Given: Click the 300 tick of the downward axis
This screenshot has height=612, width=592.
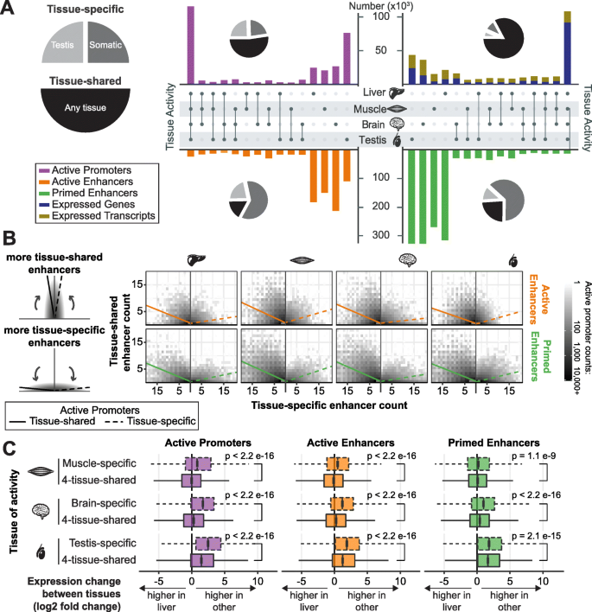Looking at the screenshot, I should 374,235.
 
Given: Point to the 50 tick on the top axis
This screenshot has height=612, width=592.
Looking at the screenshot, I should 378,51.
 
